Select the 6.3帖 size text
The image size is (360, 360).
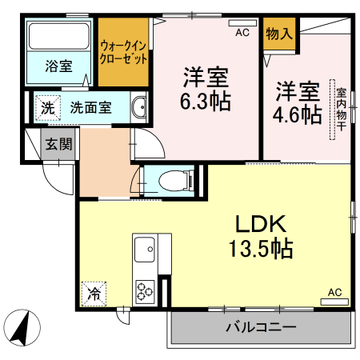tap(206, 92)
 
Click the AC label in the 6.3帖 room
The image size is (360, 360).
tap(242, 33)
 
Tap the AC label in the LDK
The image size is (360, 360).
tap(334, 292)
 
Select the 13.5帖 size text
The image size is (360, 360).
tap(258, 249)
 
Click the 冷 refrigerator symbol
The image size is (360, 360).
tap(94, 294)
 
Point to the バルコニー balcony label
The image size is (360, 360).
tap(260, 327)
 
